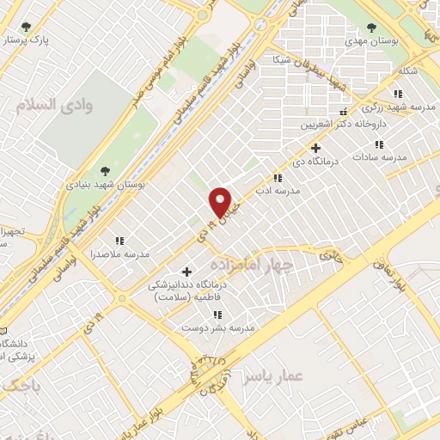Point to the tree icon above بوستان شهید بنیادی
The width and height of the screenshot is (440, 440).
click(106, 171)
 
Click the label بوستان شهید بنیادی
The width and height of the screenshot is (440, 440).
click(107, 184)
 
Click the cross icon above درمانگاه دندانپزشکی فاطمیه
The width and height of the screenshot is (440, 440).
click(186, 272)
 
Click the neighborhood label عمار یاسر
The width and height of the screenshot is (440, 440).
click(269, 376)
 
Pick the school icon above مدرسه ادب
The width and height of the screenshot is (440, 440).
click(277, 178)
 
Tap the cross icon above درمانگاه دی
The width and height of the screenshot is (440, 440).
click(316, 148)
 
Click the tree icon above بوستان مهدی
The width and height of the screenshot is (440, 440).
click(371, 27)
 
